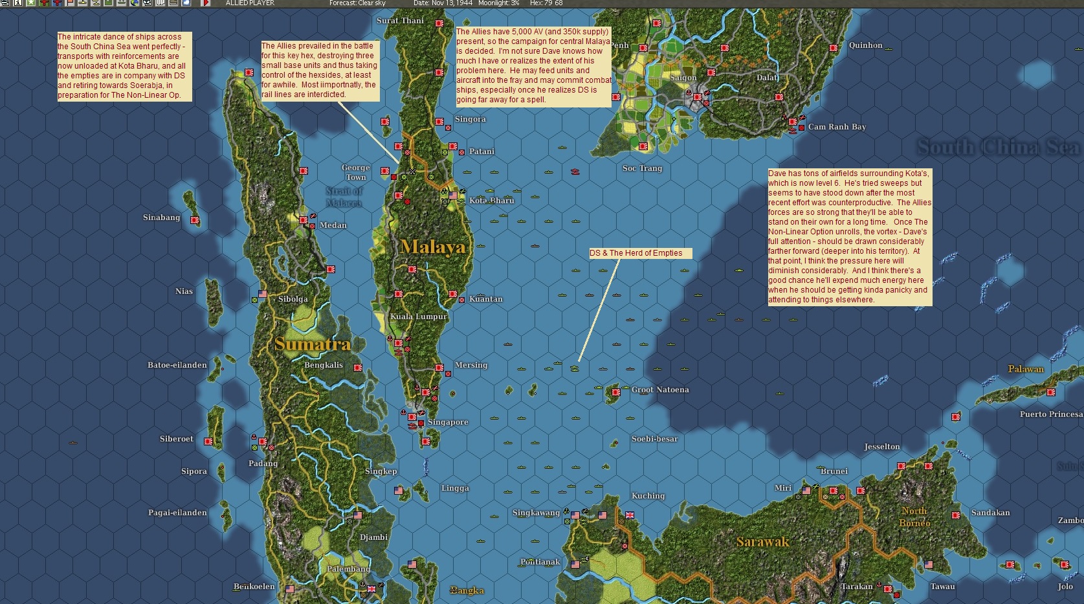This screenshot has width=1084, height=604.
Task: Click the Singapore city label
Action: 448,422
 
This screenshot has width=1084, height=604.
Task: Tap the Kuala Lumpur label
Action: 419,317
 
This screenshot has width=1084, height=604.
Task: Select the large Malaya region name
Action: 432,247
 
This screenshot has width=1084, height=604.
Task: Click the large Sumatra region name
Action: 313,344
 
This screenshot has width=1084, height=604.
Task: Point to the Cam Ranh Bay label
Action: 837,127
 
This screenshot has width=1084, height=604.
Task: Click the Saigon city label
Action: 683,78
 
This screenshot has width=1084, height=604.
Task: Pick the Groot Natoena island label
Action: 660,390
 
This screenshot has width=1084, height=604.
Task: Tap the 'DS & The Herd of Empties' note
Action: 636,253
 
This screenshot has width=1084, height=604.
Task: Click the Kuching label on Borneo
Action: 648,496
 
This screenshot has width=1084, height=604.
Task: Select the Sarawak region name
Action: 762,542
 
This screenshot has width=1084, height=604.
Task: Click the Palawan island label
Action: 1026,369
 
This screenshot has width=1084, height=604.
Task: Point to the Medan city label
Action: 333,225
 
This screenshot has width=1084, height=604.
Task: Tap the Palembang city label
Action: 348,569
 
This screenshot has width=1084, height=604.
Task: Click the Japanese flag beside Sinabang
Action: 195,220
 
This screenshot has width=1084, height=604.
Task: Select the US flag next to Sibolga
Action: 262,294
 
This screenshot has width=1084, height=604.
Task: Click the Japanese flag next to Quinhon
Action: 834,48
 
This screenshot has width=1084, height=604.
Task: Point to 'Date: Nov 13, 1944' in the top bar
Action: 443,3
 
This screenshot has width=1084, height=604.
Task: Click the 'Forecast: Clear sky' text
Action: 357,3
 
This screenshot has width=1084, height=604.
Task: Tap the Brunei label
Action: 834,471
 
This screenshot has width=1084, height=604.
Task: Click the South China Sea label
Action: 998,148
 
